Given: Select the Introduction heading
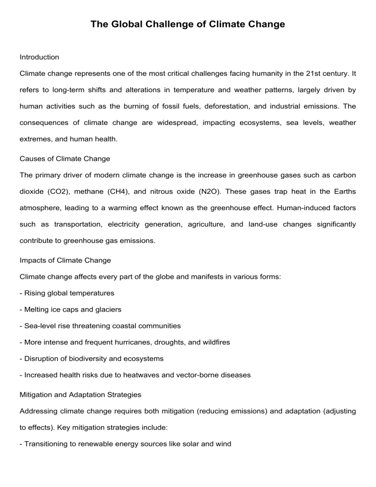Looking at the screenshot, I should [x=39, y=57].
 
